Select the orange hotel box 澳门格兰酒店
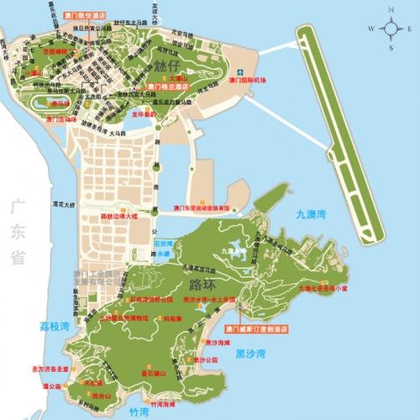pos(167,86)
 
